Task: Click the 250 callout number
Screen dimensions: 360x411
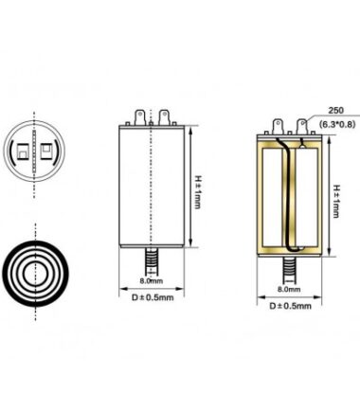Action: click(335, 111)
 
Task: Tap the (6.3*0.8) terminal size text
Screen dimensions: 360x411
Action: click(337, 124)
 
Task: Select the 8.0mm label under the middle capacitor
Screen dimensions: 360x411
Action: click(152, 280)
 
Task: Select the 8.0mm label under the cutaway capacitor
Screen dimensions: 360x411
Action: click(289, 289)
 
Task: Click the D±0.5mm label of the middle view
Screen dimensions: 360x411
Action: click(153, 297)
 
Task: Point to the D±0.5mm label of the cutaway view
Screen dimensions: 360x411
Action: click(290, 306)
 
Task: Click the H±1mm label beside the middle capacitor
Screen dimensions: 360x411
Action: click(197, 191)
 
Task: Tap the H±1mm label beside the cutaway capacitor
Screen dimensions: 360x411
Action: click(335, 201)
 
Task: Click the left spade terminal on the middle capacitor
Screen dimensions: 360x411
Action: click(140, 117)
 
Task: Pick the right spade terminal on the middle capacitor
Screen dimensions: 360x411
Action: click(164, 117)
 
